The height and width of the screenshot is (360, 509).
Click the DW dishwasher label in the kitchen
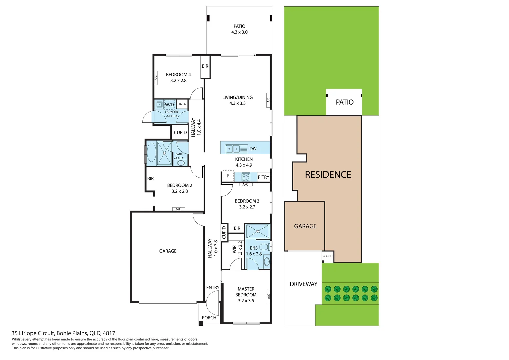coord(253,149)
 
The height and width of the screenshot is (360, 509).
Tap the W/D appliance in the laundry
coord(169,105)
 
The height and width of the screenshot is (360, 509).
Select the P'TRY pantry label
coord(263,177)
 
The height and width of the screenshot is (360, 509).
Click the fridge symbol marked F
coord(228,176)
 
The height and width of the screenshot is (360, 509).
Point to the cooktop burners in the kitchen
coord(246,177)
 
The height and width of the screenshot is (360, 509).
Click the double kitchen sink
coord(233,148)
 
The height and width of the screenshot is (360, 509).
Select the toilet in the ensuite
coord(264,247)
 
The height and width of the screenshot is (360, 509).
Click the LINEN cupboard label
coord(182,104)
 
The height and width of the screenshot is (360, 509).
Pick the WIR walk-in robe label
coord(234,249)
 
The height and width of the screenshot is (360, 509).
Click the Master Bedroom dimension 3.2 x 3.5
coord(246,301)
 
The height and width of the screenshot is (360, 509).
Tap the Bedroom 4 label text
coord(178,75)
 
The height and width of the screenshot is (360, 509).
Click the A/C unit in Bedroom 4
coord(155,78)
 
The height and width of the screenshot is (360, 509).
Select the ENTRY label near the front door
coord(213,288)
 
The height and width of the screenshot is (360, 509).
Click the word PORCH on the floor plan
coord(209,318)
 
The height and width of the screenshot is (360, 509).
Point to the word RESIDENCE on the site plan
coord(328,175)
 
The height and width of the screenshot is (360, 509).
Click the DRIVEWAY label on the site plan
coord(303,284)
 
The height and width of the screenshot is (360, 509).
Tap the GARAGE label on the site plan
coord(305,226)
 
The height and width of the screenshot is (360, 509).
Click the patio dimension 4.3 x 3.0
coord(239,32)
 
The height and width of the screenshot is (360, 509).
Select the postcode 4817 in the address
coord(109,333)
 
